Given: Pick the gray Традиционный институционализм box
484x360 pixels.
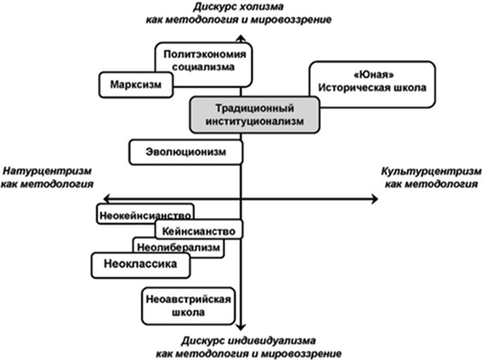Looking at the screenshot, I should tap(254, 115).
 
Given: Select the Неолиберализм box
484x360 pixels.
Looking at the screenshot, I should tap(178, 247).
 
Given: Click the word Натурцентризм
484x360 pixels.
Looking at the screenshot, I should tap(46, 171).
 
